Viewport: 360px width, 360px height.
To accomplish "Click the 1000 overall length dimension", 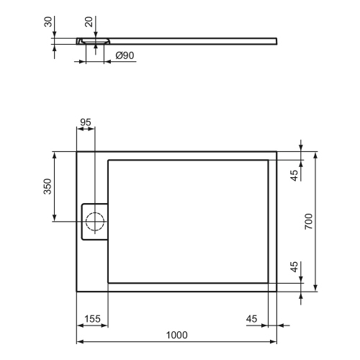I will tap(176, 334).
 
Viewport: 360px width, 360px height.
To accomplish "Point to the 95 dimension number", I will tap(86, 122).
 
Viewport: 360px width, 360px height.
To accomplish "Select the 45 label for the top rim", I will tap(294, 175).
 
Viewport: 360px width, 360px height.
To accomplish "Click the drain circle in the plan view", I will tap(95, 221).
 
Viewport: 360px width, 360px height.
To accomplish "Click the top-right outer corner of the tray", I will tap(277, 151).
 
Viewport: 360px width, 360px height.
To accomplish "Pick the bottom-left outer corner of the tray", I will tap(77, 292).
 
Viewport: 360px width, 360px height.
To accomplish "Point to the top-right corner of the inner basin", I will tap(268, 160).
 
